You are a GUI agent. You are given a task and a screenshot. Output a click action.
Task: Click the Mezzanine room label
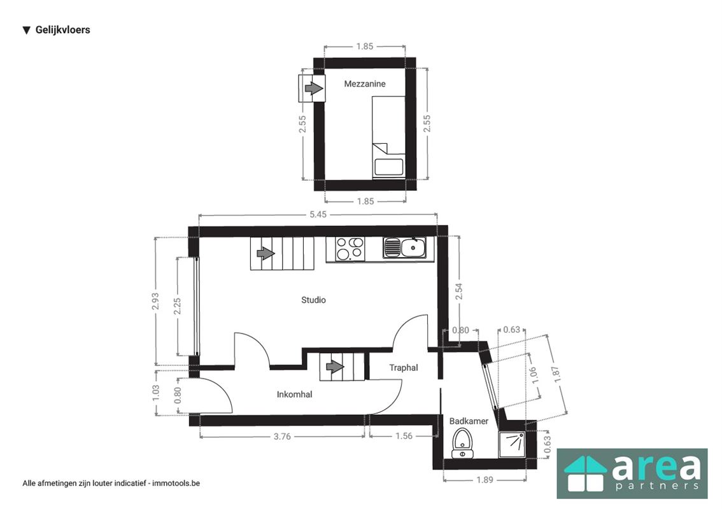tap(364, 83)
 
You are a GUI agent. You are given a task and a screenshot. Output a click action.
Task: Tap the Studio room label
tap(313, 300)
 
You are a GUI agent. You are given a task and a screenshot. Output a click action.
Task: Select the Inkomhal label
tap(294, 394)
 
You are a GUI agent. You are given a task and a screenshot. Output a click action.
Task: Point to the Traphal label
tap(404, 367)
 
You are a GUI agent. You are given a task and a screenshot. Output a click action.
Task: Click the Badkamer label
tap(469, 421)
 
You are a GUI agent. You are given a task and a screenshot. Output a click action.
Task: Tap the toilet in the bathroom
tap(462, 443)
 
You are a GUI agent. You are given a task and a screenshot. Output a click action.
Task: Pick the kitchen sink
tap(405, 248)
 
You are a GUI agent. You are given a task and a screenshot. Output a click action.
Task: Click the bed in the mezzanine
tap(388, 137)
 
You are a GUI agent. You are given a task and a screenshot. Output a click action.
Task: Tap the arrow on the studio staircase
tap(265, 253)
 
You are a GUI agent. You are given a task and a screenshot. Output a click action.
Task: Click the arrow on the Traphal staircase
tap(335, 367)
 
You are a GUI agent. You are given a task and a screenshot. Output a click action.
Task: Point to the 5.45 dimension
tap(318, 214)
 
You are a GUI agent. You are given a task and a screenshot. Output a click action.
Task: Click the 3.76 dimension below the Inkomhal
tap(282, 436)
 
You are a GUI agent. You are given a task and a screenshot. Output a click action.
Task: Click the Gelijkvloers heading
tap(62, 30)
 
